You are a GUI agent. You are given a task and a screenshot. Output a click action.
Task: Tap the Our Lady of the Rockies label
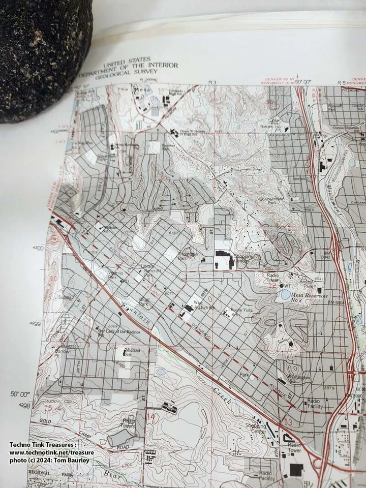[x=119, y=331]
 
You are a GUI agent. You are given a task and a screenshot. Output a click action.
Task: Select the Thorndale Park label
[x=188, y=255]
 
